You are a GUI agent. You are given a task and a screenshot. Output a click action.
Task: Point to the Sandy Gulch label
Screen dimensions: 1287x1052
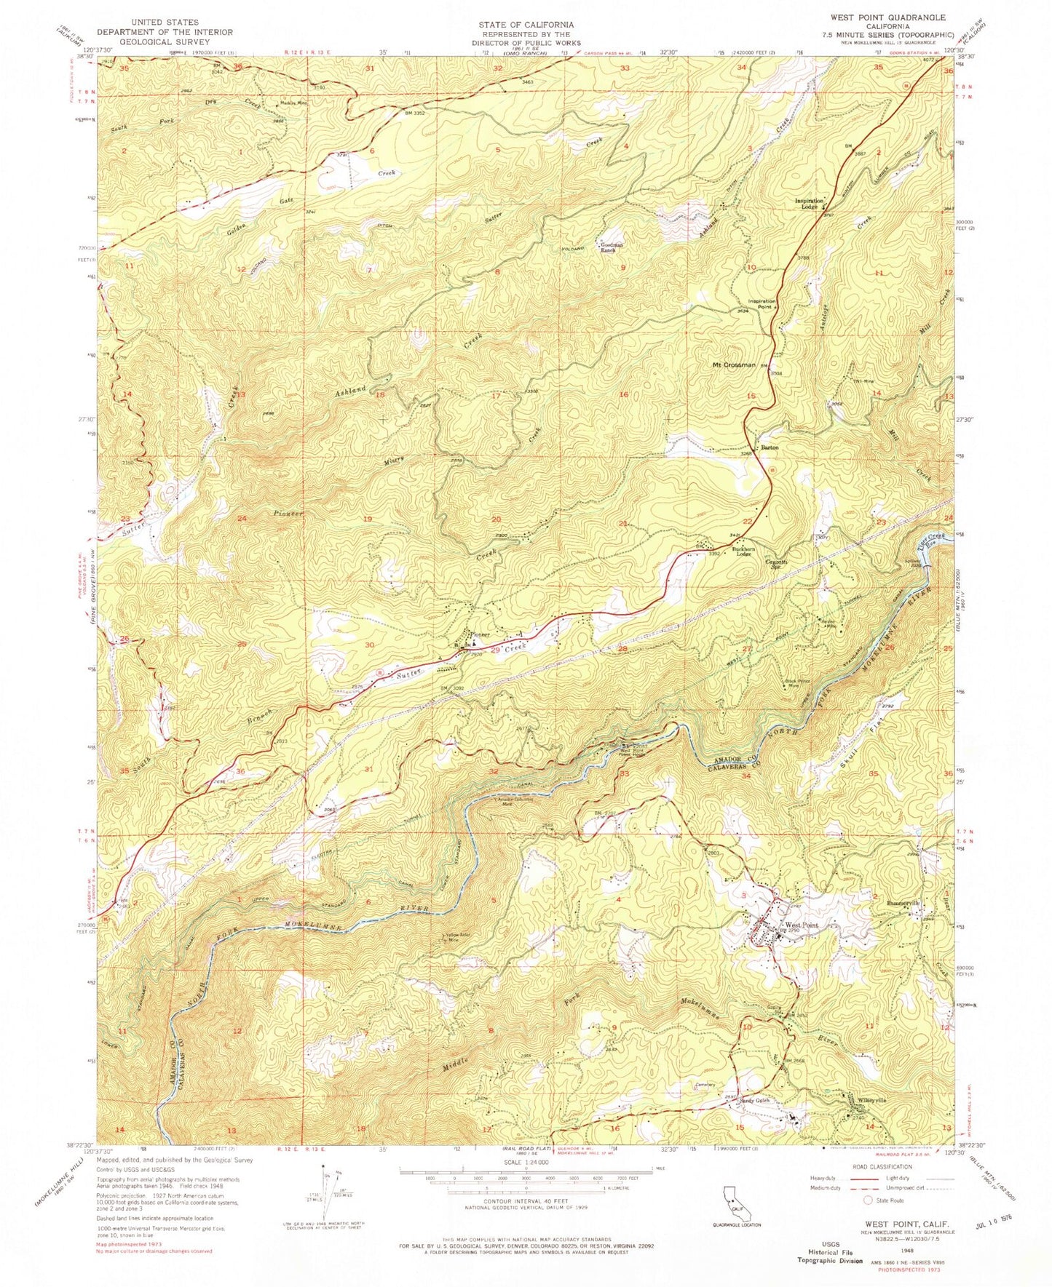tap(754, 1101)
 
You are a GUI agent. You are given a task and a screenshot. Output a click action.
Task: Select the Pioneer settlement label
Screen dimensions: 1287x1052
tap(480, 634)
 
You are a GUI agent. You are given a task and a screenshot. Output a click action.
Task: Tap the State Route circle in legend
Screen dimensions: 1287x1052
tap(867, 1200)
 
